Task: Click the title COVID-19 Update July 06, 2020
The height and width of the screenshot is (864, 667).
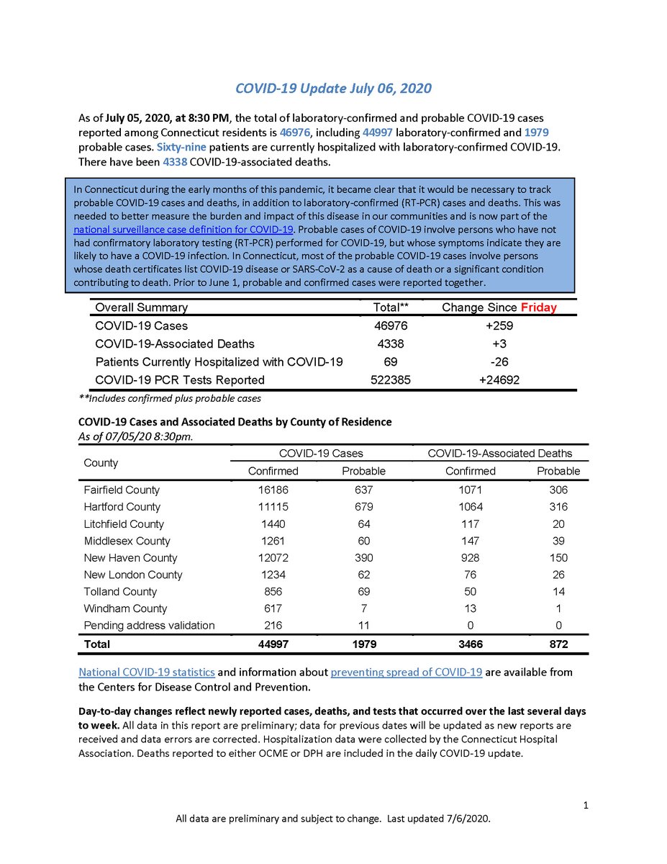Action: [333, 89]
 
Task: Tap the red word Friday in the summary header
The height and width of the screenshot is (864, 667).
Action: [539, 307]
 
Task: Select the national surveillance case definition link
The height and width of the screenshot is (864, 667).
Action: [183, 229]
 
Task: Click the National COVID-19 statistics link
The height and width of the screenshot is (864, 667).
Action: [147, 672]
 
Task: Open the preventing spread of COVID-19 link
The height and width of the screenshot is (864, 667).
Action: [406, 672]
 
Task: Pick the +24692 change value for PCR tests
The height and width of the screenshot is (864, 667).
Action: [499, 379]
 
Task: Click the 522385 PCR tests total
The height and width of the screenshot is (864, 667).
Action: [391, 379]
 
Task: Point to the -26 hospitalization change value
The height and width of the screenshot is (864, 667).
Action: [499, 361]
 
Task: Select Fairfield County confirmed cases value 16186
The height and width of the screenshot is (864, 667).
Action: [273, 490]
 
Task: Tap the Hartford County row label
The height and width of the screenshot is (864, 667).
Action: [122, 507]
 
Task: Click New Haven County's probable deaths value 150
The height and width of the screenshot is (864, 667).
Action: [558, 557]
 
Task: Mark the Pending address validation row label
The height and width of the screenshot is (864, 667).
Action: [149, 625]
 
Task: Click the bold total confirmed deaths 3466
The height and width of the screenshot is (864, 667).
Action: [471, 644]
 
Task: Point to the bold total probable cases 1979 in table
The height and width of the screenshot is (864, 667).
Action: [363, 644]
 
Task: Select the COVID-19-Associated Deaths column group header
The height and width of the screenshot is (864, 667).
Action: [500, 453]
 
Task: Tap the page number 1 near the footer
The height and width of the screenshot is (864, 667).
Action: [586, 806]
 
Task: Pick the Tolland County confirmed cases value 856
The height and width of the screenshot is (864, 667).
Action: [273, 591]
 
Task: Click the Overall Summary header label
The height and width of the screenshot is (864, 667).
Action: [141, 307]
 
